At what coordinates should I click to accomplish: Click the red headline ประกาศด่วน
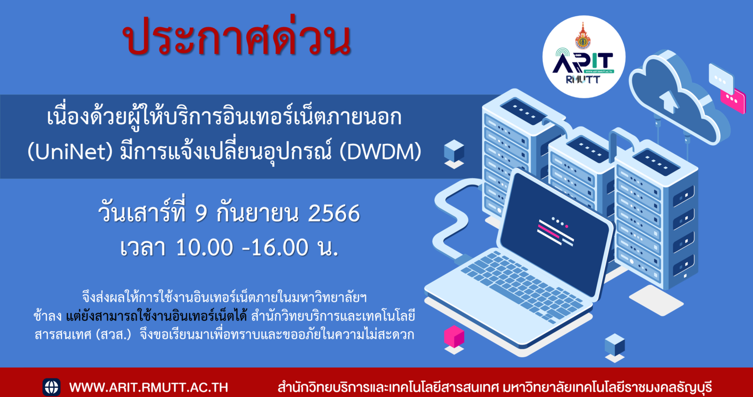(x=237, y=36)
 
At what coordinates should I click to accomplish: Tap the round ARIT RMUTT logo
(x=584, y=57)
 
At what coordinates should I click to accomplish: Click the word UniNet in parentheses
(x=70, y=152)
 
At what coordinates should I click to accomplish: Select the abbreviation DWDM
(x=380, y=152)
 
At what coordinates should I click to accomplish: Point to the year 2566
(x=334, y=213)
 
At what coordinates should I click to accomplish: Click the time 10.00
(x=204, y=247)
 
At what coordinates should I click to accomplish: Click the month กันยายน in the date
(x=257, y=213)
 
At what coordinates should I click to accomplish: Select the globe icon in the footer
(x=51, y=387)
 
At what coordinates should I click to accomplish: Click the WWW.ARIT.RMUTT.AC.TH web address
(x=149, y=387)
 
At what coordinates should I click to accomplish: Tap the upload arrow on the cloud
(x=668, y=101)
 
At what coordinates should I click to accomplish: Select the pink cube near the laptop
(x=454, y=337)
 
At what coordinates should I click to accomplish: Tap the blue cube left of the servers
(x=454, y=151)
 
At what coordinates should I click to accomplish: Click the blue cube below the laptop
(x=614, y=345)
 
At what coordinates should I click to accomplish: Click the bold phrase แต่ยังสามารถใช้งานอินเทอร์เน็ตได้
(x=157, y=316)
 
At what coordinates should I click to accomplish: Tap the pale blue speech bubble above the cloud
(x=721, y=79)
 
